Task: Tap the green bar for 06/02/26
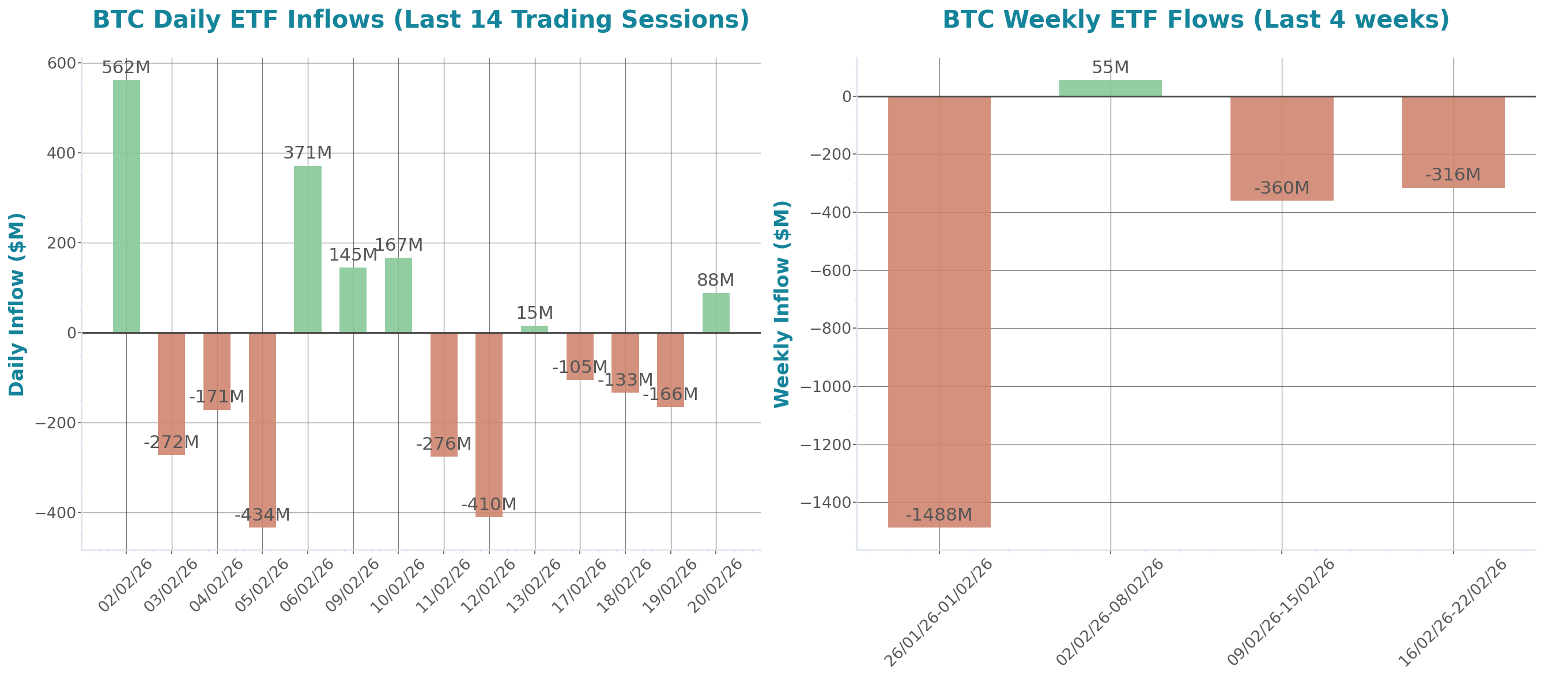coord(308,249)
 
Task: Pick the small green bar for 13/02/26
coord(534,329)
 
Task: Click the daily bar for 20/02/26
coord(716,312)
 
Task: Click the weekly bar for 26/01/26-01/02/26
coord(939,312)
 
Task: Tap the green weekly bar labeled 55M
coord(1110,88)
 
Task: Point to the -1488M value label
coord(939,514)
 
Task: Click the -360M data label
coord(1281,188)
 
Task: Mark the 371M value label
coord(308,153)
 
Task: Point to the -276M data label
coord(444,443)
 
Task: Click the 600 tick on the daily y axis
coord(61,63)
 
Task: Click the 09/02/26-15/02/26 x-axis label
coord(1281,612)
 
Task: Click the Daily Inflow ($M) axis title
coord(16,304)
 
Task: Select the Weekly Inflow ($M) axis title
coord(782,304)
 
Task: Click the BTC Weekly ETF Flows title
coord(1195,20)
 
